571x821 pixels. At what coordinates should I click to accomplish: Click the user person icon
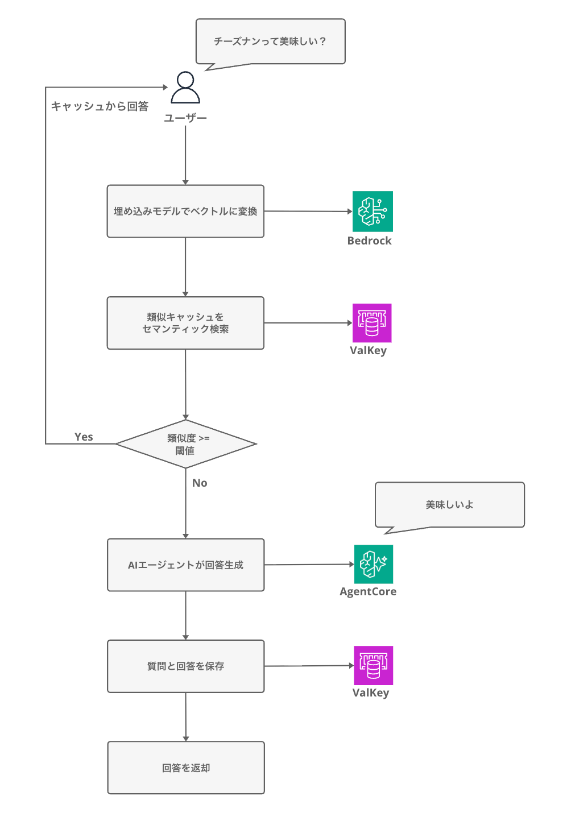(185, 88)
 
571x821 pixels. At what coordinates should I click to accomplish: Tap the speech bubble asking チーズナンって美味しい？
(270, 42)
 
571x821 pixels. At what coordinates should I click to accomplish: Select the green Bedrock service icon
(373, 212)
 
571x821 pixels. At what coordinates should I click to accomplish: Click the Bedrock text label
(369, 241)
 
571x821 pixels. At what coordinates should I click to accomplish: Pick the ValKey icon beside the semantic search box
(372, 323)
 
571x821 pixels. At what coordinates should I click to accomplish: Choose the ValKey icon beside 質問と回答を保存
(373, 665)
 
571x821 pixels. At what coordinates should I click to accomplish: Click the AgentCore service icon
(374, 564)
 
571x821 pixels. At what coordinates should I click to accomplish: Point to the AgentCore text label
(368, 591)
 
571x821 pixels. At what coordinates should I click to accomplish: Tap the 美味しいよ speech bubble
(449, 505)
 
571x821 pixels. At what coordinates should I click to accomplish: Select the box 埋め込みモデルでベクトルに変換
(185, 211)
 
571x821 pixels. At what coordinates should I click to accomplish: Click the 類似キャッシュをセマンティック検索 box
(185, 323)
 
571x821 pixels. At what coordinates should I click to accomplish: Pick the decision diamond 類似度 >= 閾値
(185, 444)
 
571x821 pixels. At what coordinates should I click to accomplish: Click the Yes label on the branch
(84, 437)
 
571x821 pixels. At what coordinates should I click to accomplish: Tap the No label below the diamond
(200, 483)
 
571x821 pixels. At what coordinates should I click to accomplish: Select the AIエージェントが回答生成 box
(185, 565)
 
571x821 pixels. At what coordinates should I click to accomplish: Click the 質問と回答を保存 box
(185, 666)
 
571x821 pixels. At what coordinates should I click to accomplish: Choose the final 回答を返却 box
(185, 768)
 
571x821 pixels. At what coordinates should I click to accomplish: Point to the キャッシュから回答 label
(100, 106)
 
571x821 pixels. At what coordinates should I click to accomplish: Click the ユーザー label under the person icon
(185, 118)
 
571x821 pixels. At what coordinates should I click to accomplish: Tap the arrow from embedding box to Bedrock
(307, 211)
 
